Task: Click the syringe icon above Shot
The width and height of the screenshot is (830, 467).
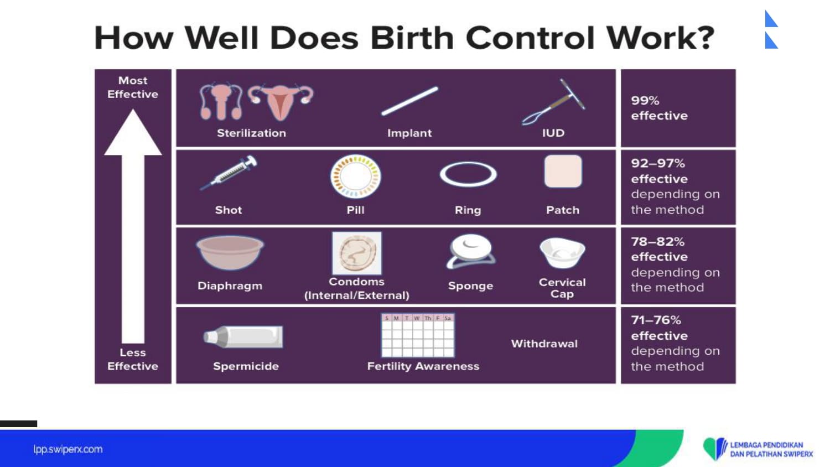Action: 229,173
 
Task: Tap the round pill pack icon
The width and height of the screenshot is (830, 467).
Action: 356,177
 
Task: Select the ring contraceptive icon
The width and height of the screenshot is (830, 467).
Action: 468,174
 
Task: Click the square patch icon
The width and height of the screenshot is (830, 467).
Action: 563,171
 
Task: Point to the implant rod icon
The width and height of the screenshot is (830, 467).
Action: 409,101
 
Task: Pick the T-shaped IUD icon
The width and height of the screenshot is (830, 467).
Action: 554,102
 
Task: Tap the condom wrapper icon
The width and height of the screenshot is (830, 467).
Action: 356,253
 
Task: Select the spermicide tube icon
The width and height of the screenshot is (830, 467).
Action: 243,336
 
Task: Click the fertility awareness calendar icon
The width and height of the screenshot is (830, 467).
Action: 418,335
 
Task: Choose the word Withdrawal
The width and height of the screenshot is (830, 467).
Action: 544,344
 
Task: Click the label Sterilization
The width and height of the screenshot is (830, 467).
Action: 252,133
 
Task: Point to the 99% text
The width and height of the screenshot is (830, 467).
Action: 645,101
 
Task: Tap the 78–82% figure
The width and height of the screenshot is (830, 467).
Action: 658,242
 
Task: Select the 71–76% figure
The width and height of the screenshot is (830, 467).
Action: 656,320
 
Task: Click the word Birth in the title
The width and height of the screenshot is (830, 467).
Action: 412,38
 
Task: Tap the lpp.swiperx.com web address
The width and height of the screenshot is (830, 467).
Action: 68,449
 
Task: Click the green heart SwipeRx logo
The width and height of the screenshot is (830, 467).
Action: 715,449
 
